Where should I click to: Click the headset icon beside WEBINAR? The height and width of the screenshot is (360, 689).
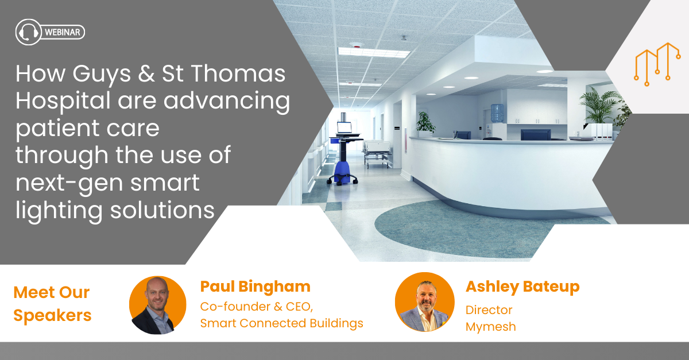point(28,32)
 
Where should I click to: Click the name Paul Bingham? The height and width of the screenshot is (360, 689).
point(255,287)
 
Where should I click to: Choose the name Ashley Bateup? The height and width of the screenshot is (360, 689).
point(522,287)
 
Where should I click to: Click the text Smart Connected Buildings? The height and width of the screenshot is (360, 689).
point(281,323)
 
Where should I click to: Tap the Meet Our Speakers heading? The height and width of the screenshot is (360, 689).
point(52,304)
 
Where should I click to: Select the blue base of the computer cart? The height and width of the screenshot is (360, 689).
point(342,173)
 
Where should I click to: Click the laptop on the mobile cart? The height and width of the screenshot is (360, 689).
point(344,128)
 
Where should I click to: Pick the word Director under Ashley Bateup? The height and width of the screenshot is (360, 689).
point(489,310)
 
